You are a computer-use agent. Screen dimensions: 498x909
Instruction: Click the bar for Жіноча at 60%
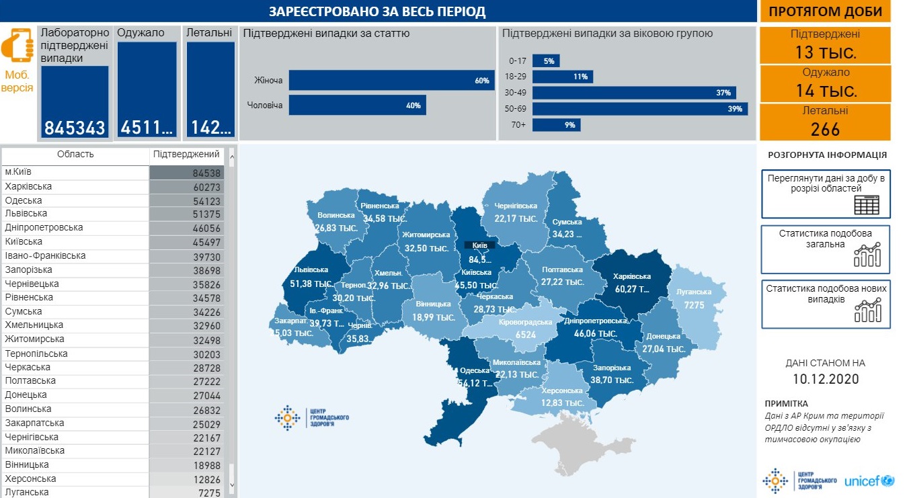coord(391,81)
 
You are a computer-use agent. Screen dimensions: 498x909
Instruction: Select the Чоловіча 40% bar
coord(357,105)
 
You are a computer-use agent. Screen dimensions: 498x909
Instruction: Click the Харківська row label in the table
coord(28,186)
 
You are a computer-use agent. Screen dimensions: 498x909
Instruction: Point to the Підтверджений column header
coord(186,155)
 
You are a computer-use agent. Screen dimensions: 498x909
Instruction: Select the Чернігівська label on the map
coord(516,206)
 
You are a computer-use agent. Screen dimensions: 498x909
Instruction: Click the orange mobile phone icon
coord(17,45)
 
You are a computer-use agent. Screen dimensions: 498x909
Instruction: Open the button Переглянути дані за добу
coord(826,194)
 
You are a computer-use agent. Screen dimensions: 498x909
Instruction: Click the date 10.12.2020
coord(826,379)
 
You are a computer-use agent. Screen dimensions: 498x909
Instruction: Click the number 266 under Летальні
coord(826,128)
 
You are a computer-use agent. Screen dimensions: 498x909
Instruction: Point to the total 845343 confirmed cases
coord(75,128)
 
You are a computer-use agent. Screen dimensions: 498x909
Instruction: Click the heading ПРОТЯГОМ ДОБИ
coord(826,11)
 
